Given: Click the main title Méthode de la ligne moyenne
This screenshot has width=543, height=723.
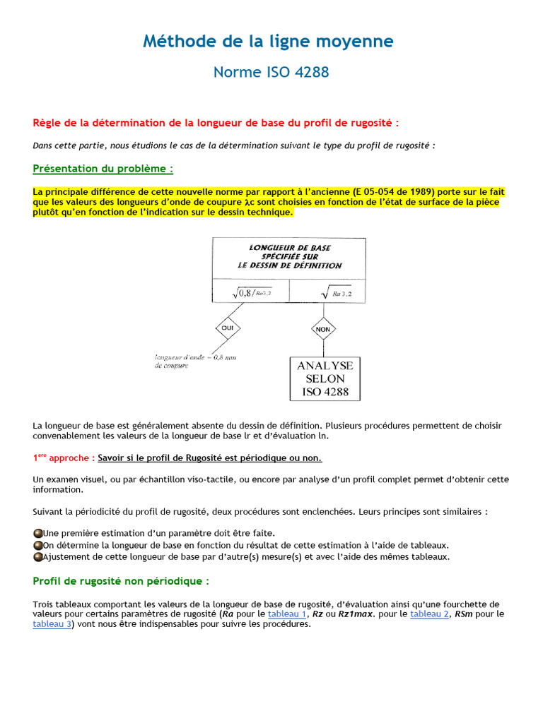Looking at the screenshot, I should tap(268, 42).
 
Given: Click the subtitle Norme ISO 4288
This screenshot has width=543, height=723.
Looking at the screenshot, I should tap(271, 72).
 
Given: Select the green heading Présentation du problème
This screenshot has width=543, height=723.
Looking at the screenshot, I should tap(103, 169).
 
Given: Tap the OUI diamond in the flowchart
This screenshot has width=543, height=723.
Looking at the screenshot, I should tap(228, 328).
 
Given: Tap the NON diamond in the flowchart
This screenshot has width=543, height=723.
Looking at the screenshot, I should tap(323, 328).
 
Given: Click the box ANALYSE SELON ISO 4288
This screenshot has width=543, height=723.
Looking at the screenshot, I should tap(326, 379).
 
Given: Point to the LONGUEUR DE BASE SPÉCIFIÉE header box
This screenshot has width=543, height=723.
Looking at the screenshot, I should tap(289, 257).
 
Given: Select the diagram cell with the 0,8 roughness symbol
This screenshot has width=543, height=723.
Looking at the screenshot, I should tap(251, 291).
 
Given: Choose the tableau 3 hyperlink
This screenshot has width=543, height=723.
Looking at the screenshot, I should tap(52, 625).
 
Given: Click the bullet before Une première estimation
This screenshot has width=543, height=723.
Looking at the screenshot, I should tap(37, 533).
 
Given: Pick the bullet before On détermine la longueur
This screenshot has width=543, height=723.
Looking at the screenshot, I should tap(37, 545).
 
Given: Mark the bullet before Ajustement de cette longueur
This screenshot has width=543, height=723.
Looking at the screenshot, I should tap(37, 557).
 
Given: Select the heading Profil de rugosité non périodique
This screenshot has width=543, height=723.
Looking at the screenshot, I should tap(121, 581).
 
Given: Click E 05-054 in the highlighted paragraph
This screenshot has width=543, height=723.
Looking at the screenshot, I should tap(386, 192).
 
